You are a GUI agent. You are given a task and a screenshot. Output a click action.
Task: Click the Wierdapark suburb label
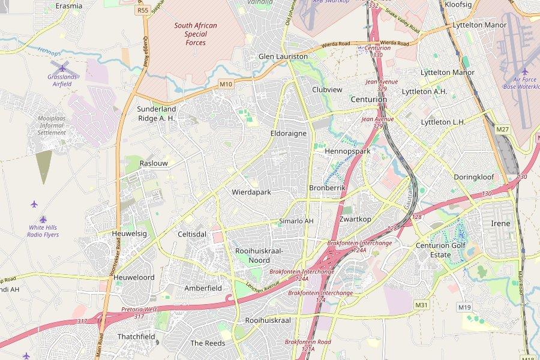pyautogui.click(x=251, y=192)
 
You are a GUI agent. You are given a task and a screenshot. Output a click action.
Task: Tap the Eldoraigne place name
pyautogui.click(x=289, y=133)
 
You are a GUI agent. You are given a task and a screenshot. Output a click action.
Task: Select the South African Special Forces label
pyautogui.click(x=196, y=34)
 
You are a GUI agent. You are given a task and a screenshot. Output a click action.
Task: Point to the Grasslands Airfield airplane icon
pyautogui.click(x=62, y=67)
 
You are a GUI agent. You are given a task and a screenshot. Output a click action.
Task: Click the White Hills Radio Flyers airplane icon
pyautogui.click(x=34, y=204)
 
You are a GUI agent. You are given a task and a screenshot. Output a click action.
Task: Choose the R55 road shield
pyautogui.click(x=143, y=10)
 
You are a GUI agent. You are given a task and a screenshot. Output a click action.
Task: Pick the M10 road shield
pyautogui.click(x=226, y=84)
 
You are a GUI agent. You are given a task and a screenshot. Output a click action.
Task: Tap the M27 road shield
pyautogui.click(x=502, y=130)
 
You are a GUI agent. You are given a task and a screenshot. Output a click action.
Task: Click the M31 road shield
pyautogui.click(x=422, y=305)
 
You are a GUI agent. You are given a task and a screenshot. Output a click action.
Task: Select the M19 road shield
pyautogui.click(x=464, y=307)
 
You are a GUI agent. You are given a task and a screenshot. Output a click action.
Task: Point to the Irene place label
pyautogui.click(x=500, y=223)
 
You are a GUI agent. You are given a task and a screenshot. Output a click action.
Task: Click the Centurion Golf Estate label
pyautogui.click(x=441, y=250)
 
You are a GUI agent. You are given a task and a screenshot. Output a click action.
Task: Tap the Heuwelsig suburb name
pyautogui.click(x=129, y=233)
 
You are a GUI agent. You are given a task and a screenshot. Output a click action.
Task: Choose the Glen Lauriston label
pyautogui.click(x=283, y=56)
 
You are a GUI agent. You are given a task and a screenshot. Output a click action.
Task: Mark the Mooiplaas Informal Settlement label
pyautogui.click(x=52, y=125)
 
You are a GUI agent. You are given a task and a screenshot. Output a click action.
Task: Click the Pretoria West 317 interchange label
pyautogui.click(x=139, y=313)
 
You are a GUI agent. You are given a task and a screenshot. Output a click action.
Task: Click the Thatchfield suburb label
pyautogui.click(x=136, y=337)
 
